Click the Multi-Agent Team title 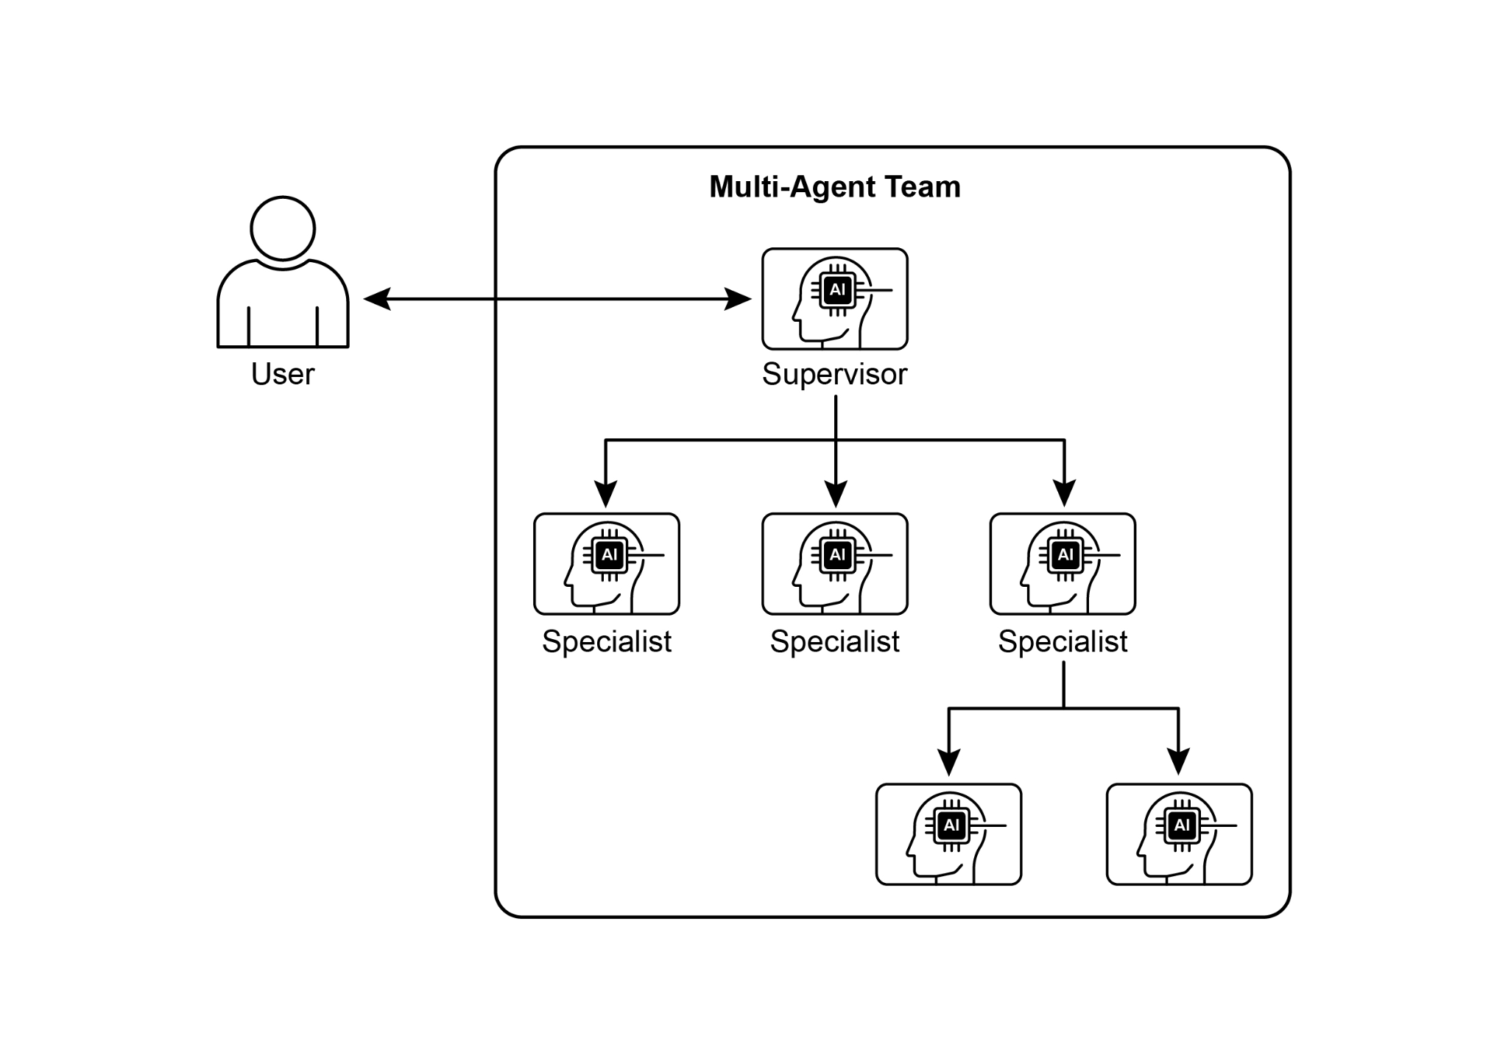coord(834,187)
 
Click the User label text coord(283,374)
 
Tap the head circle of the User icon coord(283,228)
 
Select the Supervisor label coord(834,374)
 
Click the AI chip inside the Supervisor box coord(837,289)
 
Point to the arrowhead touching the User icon coord(376,299)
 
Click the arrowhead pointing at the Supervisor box coord(739,299)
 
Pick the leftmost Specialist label coord(607,641)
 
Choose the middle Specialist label coord(834,641)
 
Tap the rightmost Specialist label coord(1063,641)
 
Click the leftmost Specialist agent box coord(607,564)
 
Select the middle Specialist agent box coord(834,564)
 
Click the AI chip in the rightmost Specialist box coord(1065,554)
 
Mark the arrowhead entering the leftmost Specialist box coord(605,494)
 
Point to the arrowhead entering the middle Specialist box coord(836,494)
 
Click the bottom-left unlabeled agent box coord(948,834)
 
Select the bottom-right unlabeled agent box coord(1179,834)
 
